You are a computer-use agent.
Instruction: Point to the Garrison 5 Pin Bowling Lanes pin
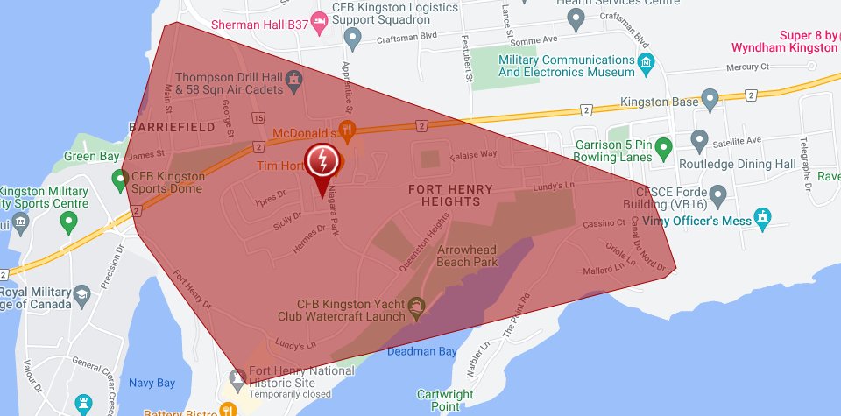(664, 145)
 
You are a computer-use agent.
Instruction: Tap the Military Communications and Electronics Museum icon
(647, 63)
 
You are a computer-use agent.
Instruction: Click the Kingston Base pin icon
(710, 102)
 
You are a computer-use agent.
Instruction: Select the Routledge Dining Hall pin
(699, 140)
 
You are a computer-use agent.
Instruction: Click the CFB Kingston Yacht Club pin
(416, 306)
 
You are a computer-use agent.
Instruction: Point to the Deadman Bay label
(422, 351)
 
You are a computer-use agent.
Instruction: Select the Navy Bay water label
(152, 383)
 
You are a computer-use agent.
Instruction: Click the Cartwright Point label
(445, 400)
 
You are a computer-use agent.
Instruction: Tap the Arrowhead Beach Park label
(467, 256)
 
